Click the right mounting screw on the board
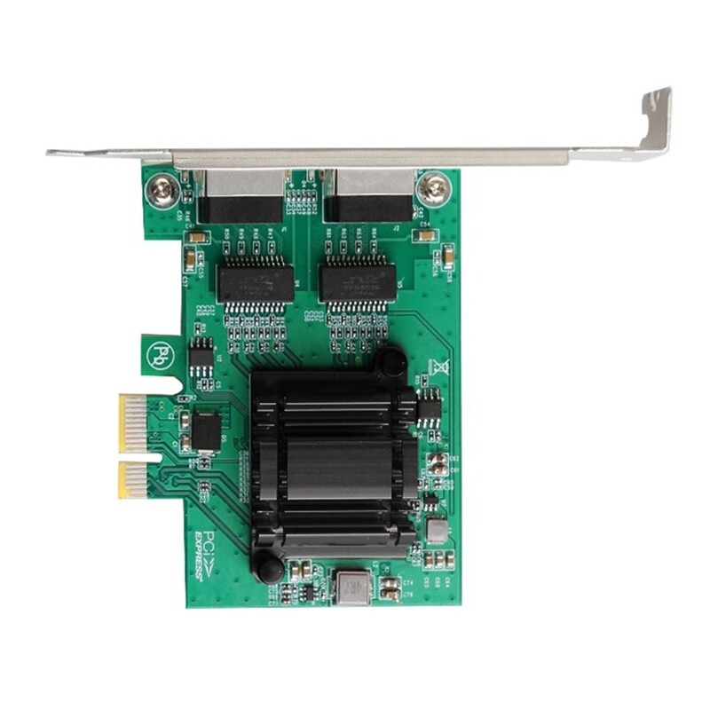pos(434,187)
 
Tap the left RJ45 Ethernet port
pos(241,197)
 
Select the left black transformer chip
pos(255,284)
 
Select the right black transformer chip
pos(358,284)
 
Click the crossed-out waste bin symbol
pos(437,367)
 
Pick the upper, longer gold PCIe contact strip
pos(132,422)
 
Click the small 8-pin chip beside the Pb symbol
pos(201,359)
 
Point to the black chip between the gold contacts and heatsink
pos(206,430)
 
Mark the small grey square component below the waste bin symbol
pos(436,531)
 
